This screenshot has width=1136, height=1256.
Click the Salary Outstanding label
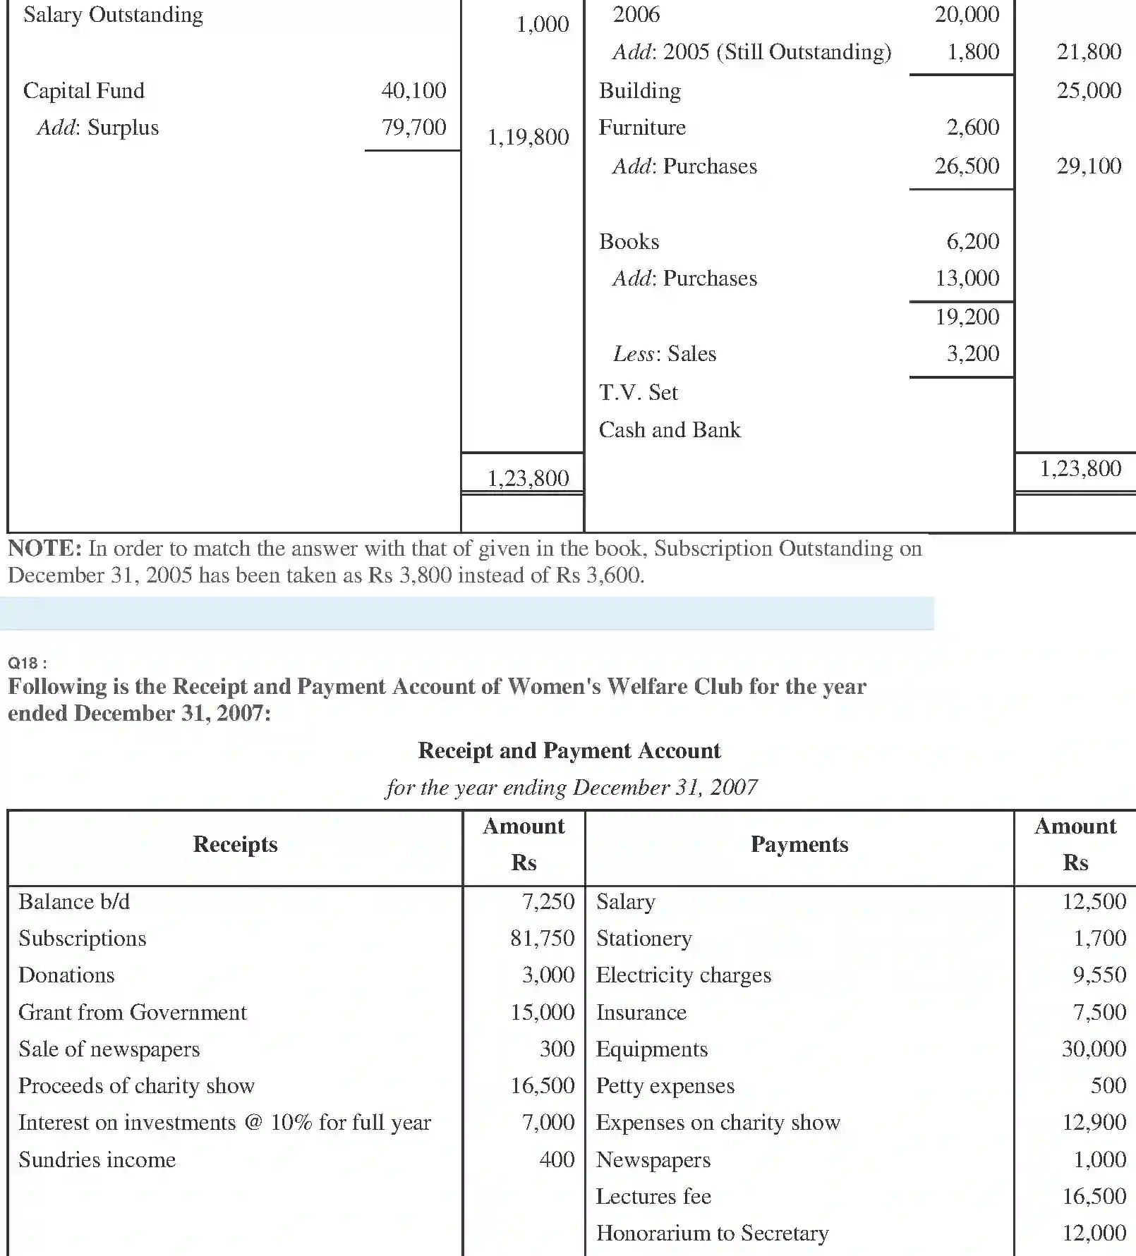[113, 15]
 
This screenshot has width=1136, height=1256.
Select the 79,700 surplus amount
[413, 127]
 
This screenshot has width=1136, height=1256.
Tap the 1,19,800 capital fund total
[528, 137]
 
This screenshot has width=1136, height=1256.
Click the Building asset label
[639, 90]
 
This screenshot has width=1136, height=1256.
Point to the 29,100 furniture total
[1088, 166]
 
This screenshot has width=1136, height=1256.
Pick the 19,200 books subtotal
[967, 317]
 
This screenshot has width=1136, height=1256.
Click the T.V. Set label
[638, 392]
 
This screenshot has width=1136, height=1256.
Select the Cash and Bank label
[669, 429]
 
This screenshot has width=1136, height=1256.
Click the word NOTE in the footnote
[44, 548]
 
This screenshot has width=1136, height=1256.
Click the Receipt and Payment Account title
[569, 750]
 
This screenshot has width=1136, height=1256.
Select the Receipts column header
[235, 844]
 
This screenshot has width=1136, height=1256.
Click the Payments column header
[799, 844]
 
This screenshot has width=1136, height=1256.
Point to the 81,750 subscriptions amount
[542, 938]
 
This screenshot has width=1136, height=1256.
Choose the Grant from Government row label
[133, 1012]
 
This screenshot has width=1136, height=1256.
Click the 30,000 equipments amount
[1093, 1049]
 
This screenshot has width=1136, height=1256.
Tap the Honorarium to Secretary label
[712, 1233]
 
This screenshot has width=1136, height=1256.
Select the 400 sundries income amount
[557, 1159]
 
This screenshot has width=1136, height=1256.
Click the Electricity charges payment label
[683, 975]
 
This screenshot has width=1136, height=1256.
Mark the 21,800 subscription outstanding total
[1088, 51]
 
